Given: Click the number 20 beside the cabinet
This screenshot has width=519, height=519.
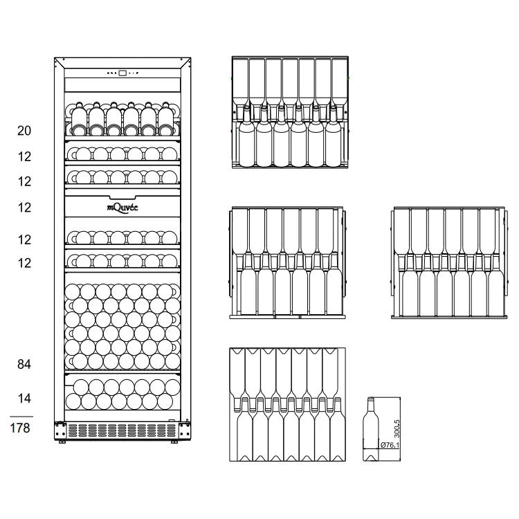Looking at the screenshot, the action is pos(24,131).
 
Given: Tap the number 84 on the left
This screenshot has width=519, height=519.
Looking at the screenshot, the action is pos(24,365).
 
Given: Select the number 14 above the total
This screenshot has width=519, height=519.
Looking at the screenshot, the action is pos(24,398).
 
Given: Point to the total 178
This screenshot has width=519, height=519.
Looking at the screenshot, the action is pos(20,428).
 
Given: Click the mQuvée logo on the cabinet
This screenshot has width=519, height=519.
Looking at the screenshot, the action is pos(122,208).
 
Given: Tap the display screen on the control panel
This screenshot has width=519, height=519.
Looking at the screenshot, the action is pos(122,73).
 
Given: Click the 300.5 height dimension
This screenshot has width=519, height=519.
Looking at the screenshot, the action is pos(397,429).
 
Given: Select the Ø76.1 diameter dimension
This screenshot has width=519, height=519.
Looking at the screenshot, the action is pos(390,445).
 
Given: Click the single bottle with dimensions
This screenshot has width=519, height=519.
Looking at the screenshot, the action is pos(371,429).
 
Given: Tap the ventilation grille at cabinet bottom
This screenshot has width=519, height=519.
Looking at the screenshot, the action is pos(122,430).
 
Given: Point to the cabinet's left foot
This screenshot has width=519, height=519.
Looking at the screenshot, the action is pos(62,441).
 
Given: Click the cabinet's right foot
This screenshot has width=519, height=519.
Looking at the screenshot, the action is pos(174,441).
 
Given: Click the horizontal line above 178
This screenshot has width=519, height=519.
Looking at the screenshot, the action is pos(21,417).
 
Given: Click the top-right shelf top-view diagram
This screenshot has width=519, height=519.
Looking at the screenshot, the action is pos(290,112).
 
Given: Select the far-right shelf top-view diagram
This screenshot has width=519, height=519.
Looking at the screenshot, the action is pos(449,263).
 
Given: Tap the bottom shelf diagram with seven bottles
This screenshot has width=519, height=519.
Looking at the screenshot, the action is pos(288,405).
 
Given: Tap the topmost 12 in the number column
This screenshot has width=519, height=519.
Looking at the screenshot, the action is pos(24,156).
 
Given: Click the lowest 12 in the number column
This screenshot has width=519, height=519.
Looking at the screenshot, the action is pos(24,263).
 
